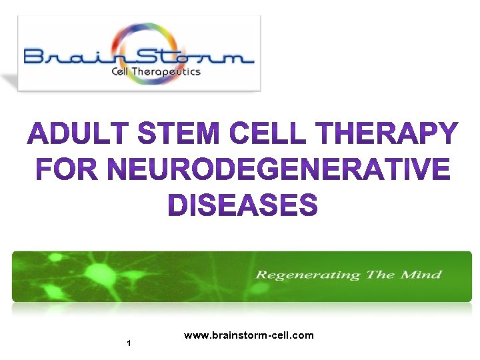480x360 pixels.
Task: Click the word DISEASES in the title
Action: (x=241, y=205)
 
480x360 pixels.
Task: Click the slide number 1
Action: (x=128, y=343)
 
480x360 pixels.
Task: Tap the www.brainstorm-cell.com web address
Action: (x=249, y=335)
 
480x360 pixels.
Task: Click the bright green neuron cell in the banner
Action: (x=99, y=273)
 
